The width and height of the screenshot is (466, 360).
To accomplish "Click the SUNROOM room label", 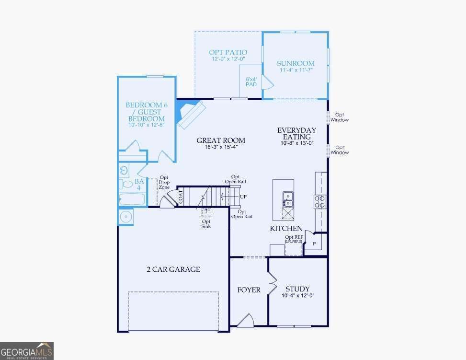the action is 296,63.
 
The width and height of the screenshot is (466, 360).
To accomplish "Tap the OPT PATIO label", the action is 228,52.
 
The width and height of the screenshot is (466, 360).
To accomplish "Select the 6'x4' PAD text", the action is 251,82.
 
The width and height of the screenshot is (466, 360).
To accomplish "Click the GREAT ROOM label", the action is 221,140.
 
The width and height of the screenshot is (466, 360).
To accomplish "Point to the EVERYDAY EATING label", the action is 296,134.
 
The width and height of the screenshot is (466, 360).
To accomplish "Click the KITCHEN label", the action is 286,229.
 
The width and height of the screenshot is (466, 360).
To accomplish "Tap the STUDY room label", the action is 297,289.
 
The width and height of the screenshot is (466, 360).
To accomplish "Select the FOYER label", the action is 249,290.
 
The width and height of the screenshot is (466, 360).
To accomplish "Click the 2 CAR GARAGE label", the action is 173,269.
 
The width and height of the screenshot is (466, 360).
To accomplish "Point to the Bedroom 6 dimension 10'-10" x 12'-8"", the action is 147,125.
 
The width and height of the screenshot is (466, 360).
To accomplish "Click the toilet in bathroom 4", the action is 125,184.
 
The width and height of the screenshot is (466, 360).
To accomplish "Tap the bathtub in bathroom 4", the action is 132,199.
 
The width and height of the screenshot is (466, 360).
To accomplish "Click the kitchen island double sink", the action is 288,199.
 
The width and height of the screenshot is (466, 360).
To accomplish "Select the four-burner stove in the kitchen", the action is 320,201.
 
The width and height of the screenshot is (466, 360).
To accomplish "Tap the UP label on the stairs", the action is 243,197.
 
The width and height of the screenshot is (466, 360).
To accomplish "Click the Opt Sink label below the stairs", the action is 206,224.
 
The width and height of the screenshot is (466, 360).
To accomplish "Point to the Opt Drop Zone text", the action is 164,182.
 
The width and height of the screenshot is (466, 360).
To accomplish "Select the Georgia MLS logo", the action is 27,351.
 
